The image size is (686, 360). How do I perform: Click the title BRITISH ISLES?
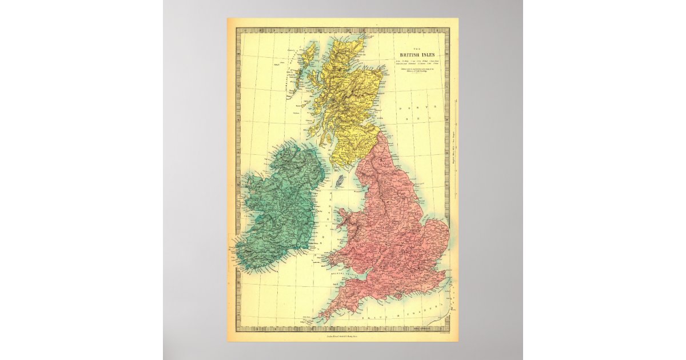coord(417,55)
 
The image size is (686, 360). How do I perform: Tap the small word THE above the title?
coord(417,48)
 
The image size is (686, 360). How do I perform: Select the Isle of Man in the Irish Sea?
coord(338,182)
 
